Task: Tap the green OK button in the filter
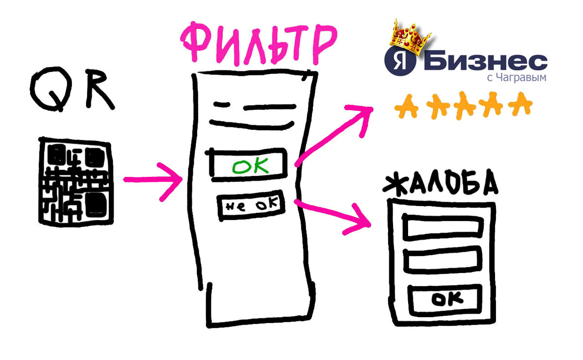point(248,165)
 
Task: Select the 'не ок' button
point(251,206)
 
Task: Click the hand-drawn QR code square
point(76,182)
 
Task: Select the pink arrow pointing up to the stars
point(334,135)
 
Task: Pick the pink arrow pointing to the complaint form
point(333,217)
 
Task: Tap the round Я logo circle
point(400,61)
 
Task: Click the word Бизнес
point(485,63)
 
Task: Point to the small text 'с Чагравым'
point(516,78)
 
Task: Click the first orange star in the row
point(406,107)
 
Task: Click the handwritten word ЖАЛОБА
point(440,183)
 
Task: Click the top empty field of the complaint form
point(443,226)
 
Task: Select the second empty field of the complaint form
point(443,260)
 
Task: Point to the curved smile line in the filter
point(252,125)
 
